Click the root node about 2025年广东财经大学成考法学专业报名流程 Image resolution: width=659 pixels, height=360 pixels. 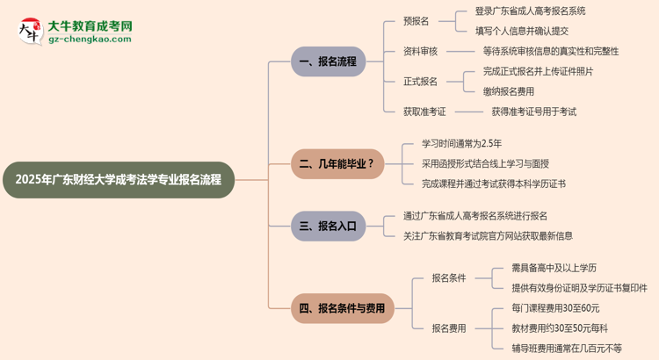(x=119, y=180)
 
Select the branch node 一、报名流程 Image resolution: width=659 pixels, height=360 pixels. (x=328, y=61)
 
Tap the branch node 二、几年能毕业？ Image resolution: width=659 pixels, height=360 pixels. (x=337, y=163)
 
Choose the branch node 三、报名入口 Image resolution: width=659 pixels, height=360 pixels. (x=328, y=226)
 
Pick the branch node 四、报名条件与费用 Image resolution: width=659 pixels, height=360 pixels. (x=342, y=308)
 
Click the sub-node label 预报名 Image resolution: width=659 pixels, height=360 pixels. (x=418, y=20)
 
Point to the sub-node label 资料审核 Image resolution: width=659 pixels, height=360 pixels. (x=420, y=51)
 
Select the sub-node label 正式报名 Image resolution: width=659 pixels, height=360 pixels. (x=420, y=82)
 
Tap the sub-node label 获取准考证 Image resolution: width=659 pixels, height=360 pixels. (x=424, y=112)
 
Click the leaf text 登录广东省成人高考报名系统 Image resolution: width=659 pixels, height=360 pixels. (x=530, y=11)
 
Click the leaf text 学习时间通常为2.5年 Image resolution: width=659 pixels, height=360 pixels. (x=461, y=143)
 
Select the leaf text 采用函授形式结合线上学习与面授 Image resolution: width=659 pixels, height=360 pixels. (x=485, y=163)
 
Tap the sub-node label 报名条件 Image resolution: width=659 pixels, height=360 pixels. (x=448, y=277)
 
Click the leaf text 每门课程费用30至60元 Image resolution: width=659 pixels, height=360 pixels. (x=555, y=308)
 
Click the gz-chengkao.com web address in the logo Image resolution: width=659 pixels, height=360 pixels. (x=91, y=40)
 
